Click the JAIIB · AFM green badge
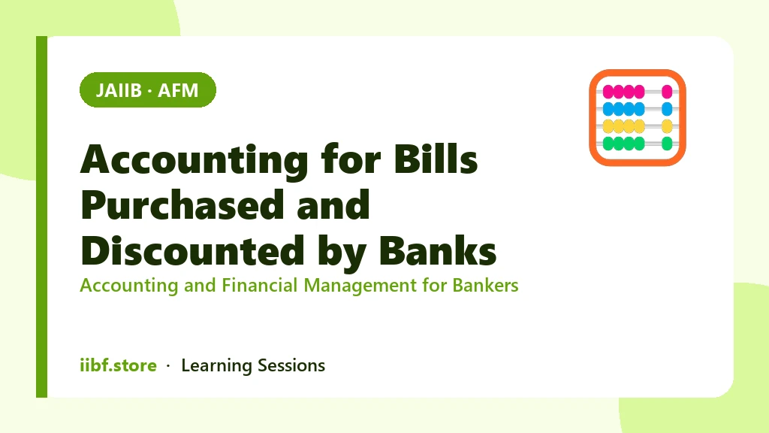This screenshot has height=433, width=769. [x=148, y=90]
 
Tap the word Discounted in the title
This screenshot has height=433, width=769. [x=192, y=250]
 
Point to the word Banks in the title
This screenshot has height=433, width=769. [x=438, y=250]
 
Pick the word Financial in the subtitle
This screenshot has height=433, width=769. [x=259, y=285]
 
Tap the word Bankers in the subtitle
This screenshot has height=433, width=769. [x=485, y=285]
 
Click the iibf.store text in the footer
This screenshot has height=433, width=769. [x=118, y=365]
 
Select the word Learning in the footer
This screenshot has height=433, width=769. [x=216, y=366]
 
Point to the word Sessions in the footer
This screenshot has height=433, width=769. [x=291, y=366]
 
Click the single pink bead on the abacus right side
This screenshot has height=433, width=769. [x=667, y=91]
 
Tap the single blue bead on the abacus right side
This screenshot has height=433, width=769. [x=667, y=108]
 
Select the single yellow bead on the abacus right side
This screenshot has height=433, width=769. [x=667, y=126]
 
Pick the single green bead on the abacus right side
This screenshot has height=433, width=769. [x=667, y=144]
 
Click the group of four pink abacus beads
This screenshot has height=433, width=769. [x=623, y=91]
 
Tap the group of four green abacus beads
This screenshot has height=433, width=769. [x=623, y=144]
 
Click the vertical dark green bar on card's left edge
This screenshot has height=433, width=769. [x=42, y=216]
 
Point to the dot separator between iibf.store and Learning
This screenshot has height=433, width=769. [x=168, y=366]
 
